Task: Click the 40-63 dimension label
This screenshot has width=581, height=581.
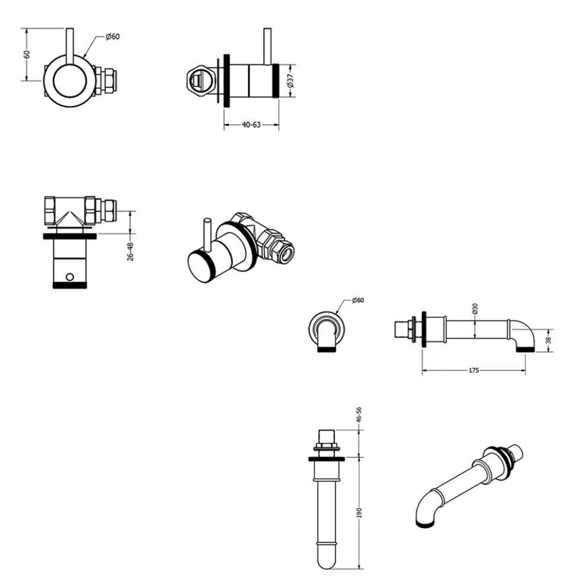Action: coord(251,125)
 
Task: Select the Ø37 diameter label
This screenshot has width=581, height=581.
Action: coord(290,81)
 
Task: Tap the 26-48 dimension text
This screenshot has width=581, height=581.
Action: coord(130,252)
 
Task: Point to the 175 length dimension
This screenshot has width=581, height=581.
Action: coord(474,370)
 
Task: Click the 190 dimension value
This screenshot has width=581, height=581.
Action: coord(359,513)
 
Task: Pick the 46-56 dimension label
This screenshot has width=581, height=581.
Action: coord(358,414)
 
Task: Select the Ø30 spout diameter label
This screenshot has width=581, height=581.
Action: coord(475,309)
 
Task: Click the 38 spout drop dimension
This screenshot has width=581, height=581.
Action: coord(548,340)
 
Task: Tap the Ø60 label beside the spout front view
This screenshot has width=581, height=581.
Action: coord(357,300)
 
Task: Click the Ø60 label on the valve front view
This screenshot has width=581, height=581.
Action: coord(112,36)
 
